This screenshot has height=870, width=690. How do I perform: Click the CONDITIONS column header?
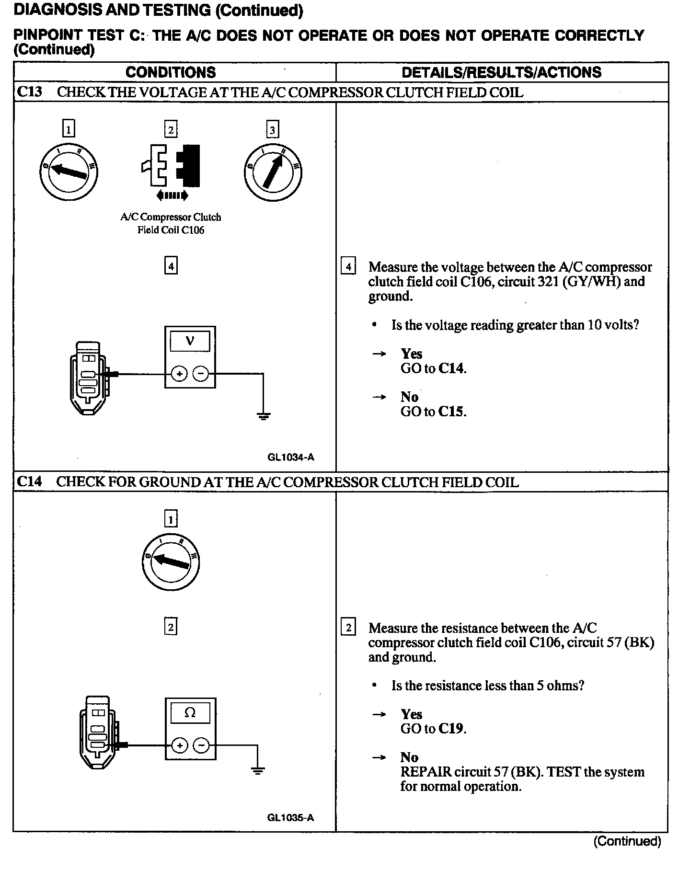pos(171,72)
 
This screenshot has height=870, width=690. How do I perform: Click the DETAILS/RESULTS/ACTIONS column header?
pos(501,72)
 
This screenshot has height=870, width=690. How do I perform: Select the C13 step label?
pos(29,92)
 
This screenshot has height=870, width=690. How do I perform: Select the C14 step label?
pos(29,481)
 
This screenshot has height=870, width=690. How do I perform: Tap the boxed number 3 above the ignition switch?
pos(272,130)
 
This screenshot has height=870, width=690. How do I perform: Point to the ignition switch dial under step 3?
pos(273,172)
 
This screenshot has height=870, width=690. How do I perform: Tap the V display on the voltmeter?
pos(190,341)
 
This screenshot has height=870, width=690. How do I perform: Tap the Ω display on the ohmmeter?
pos(190,713)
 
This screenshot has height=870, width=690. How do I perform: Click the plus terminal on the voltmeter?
pos(179,374)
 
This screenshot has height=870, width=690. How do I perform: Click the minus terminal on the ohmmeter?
pos(201,745)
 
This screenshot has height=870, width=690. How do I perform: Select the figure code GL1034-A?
pos(291,457)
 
